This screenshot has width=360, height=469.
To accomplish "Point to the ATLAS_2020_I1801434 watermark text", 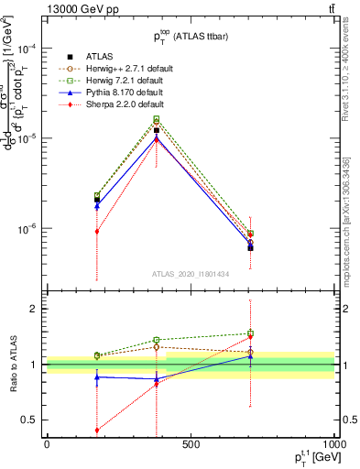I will (190, 274).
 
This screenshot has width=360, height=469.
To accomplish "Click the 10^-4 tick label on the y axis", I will (27, 49).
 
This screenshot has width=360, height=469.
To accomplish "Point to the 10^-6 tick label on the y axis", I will (27, 228).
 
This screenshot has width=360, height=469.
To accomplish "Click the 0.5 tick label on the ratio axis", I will (31, 420).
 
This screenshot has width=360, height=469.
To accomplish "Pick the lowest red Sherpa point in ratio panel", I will (97, 431).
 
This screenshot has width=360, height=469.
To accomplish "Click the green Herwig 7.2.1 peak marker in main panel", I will (157, 118).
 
